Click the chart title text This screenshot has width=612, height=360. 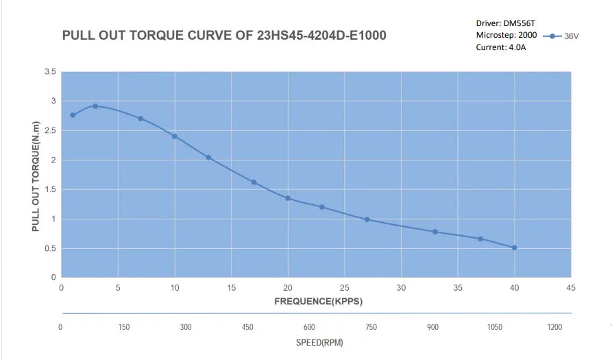pyautogui.click(x=223, y=35)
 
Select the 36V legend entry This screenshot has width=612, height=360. pyautogui.click(x=561, y=36)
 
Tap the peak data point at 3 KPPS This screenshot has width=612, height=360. pyautogui.click(x=95, y=106)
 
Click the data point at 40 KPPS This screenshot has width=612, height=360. pyautogui.click(x=514, y=248)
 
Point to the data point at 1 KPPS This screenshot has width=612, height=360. pyautogui.click(x=73, y=115)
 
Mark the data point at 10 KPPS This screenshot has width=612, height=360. pyautogui.click(x=175, y=136)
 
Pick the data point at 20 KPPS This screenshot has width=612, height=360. pyautogui.click(x=288, y=198)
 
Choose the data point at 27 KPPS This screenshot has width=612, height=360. pyautogui.click(x=367, y=219)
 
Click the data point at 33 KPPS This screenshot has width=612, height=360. pyautogui.click(x=435, y=232)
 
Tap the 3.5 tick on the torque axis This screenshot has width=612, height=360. pyautogui.click(x=50, y=71)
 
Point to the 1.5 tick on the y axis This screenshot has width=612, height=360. pyautogui.click(x=50, y=190)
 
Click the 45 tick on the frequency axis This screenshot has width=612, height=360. pyautogui.click(x=570, y=288)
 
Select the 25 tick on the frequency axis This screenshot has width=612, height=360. pyautogui.click(x=344, y=288)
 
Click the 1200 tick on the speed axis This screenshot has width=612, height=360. pyautogui.click(x=554, y=327)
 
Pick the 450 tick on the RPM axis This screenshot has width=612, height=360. pyautogui.click(x=247, y=327)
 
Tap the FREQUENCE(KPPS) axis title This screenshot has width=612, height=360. pyautogui.click(x=318, y=301)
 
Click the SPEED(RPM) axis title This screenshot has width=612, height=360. pyautogui.click(x=319, y=341)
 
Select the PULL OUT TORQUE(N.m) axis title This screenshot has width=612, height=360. pyautogui.click(x=36, y=177)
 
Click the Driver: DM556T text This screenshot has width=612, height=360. pyautogui.click(x=505, y=23)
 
